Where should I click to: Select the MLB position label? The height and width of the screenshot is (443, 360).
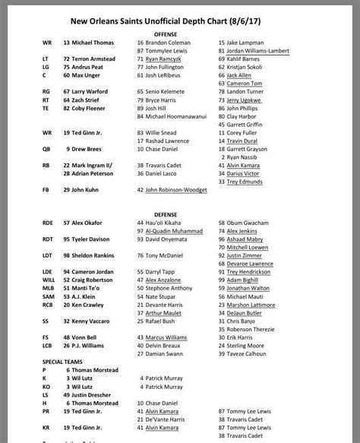click(48, 288)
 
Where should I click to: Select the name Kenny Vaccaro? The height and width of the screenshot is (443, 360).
click(96, 321)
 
